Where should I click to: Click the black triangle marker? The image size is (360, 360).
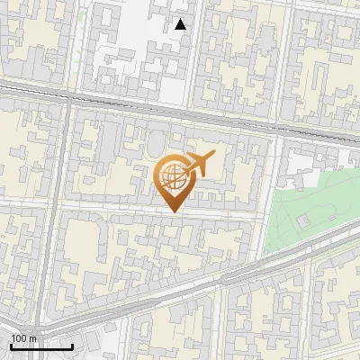click(x=181, y=24)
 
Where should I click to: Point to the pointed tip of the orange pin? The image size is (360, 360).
click(x=173, y=212)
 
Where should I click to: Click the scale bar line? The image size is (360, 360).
click(x=41, y=346)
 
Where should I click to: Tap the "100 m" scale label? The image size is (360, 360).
click(x=24, y=338)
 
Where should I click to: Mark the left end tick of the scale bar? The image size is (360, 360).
click(x=12, y=346)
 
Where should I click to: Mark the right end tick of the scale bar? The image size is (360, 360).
click(x=72, y=346)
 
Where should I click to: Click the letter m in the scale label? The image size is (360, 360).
click(x=33, y=338)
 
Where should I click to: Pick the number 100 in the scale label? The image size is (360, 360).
click(x=20, y=338)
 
